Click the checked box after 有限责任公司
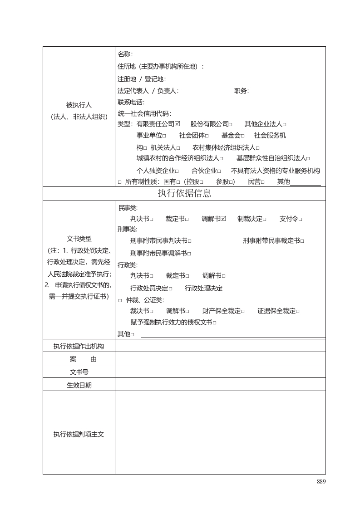pos(178,123)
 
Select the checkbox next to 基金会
pos(243,136)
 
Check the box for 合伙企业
pos(219,171)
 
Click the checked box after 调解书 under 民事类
pos(223,219)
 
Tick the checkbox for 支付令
pos(301,220)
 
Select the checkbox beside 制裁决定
pos(265,220)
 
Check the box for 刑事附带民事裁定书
pos(302,241)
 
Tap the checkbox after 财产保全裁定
pos(243,311)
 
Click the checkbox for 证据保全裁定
pos(298,311)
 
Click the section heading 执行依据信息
pos(184,193)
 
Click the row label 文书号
pos(79,372)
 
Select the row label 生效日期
pos(79,385)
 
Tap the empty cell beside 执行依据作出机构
pos(220,346)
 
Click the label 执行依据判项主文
pos(79,434)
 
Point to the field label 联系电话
pos(131,102)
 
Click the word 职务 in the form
pos(241,91)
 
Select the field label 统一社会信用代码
pos(144,113)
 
